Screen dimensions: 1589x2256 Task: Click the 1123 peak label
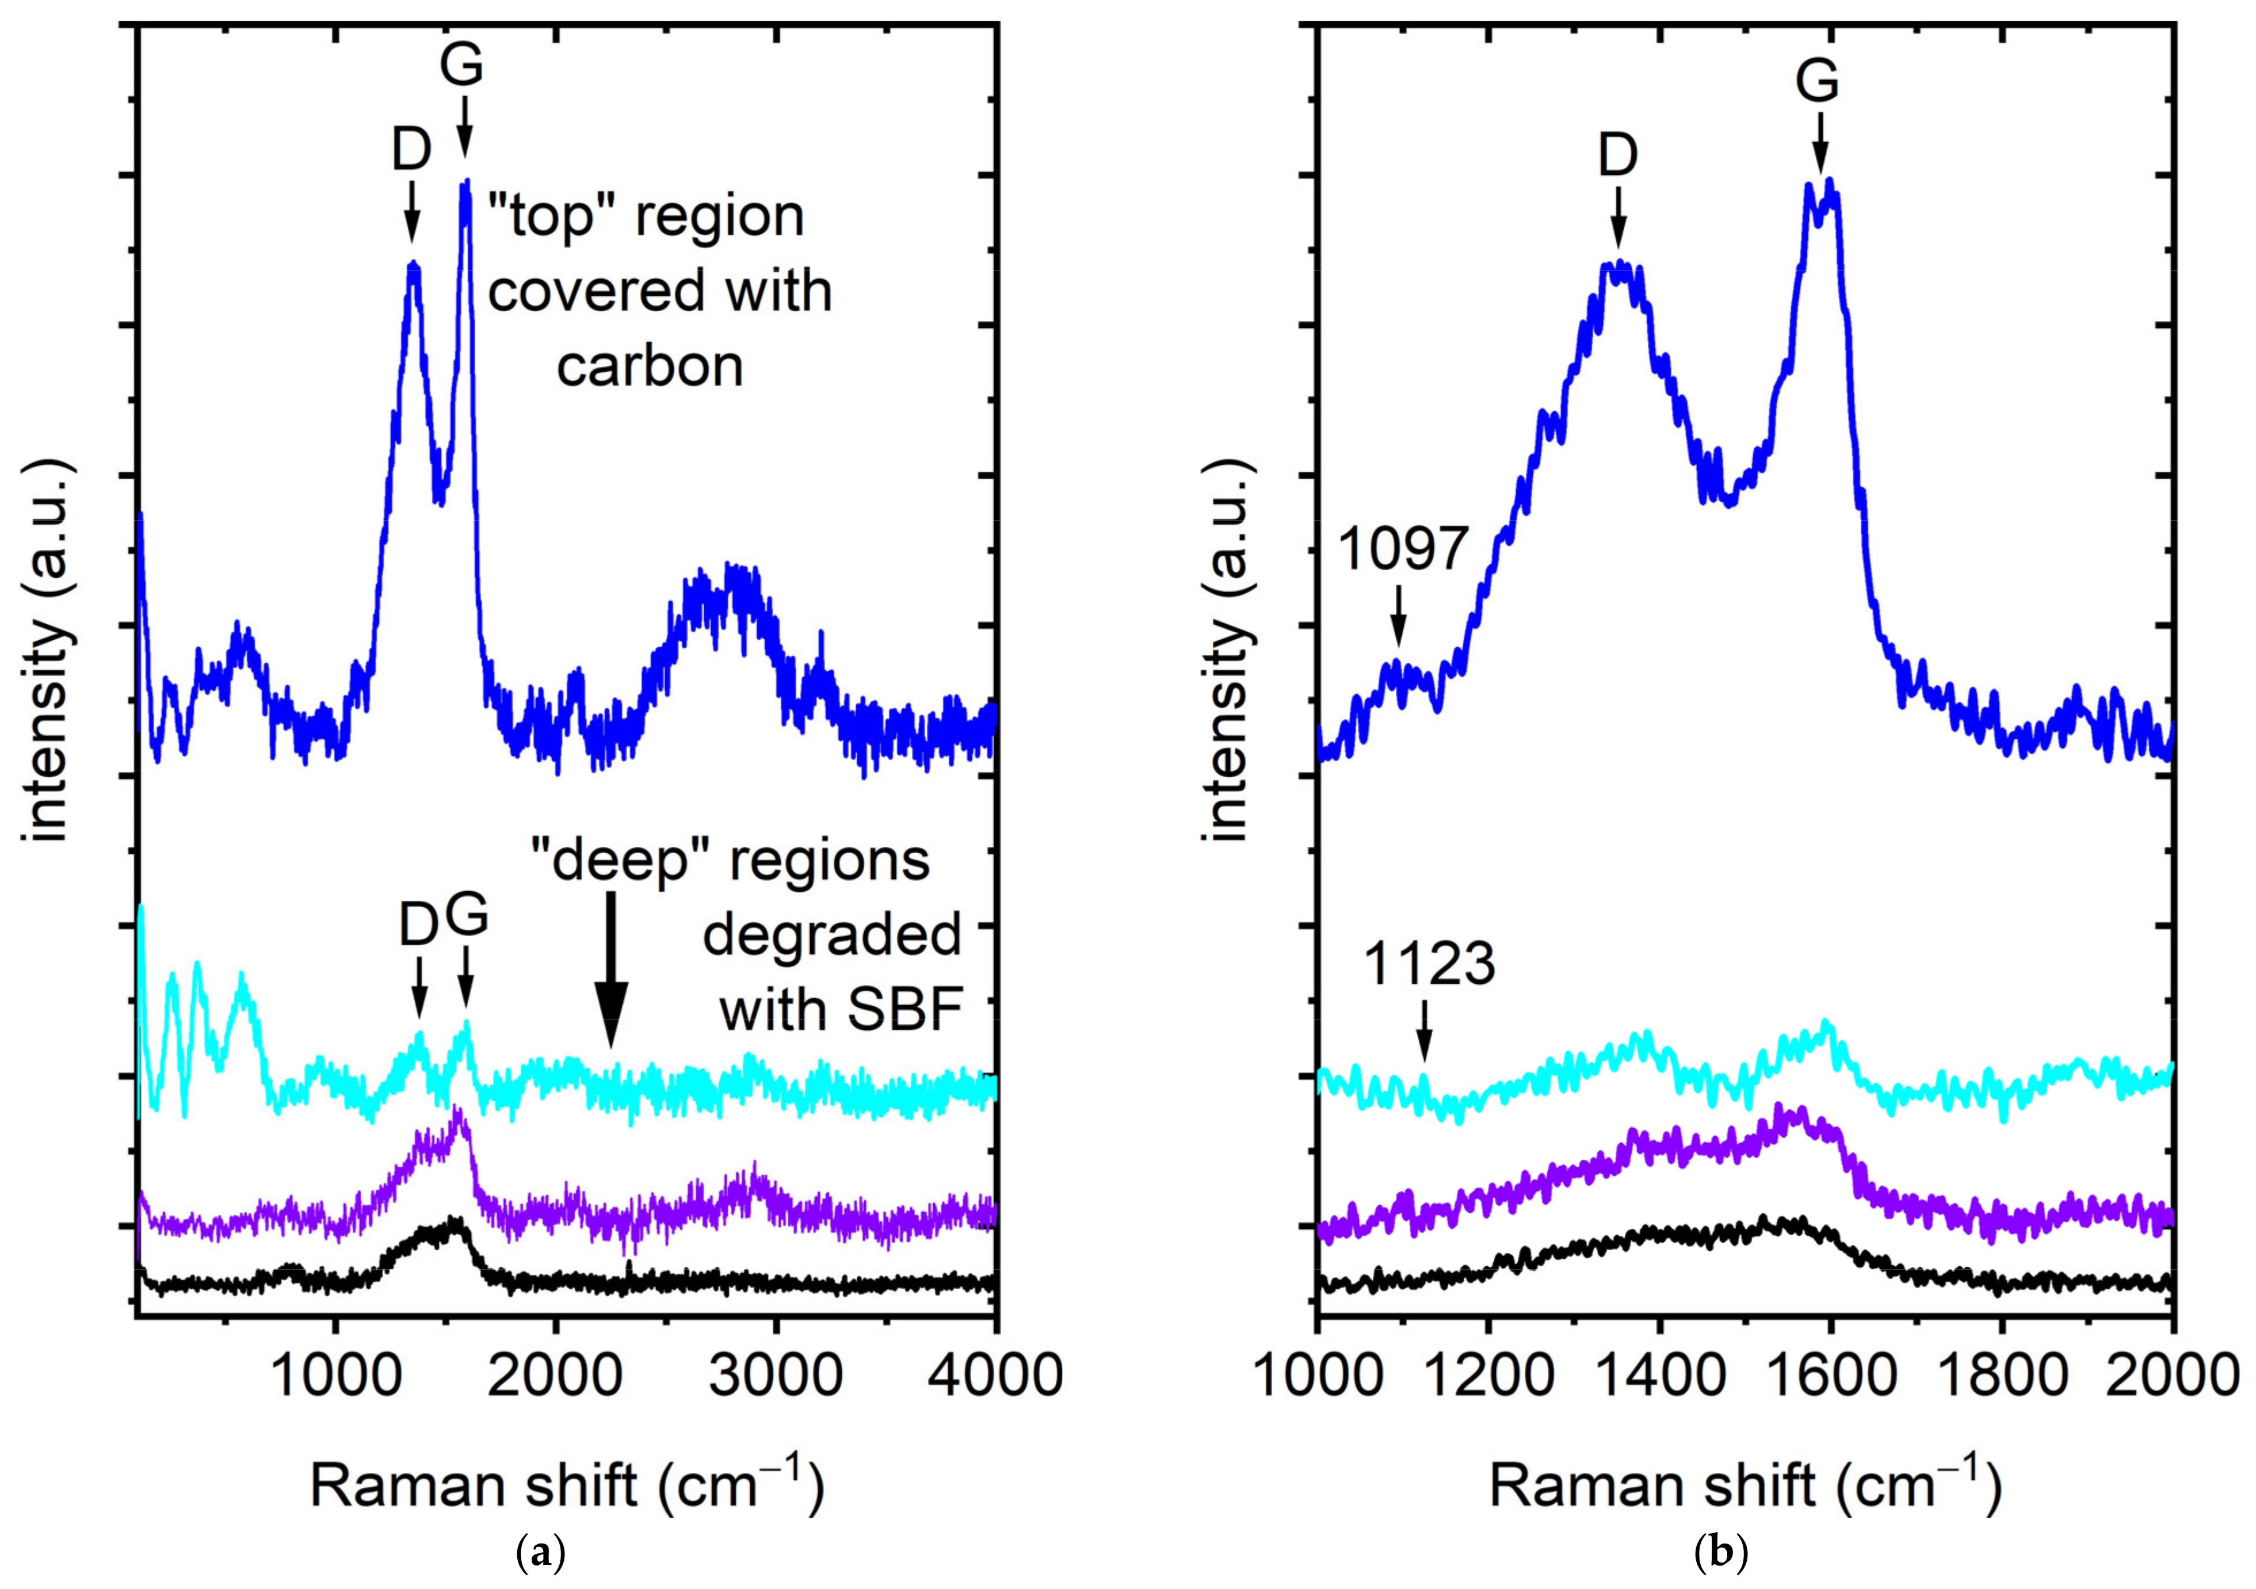1429,966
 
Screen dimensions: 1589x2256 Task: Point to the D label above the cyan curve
419,926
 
